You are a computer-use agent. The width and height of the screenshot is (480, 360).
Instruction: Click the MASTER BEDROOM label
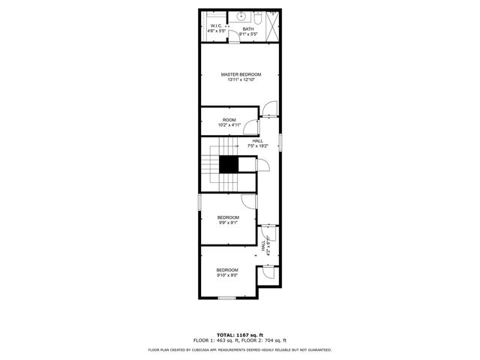(241, 74)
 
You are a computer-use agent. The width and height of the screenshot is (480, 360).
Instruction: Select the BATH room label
(247, 29)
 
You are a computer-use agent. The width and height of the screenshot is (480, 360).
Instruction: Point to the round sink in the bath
(242, 16)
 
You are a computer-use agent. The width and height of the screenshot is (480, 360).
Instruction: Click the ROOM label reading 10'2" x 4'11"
(229, 120)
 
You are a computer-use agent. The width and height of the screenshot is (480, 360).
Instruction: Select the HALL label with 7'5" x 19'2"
(257, 141)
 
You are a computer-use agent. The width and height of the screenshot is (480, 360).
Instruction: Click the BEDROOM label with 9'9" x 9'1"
(228, 217)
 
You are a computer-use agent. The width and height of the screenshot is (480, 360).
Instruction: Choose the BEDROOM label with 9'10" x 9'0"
(227, 270)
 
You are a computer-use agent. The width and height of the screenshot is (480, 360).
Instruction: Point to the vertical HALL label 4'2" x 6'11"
(263, 246)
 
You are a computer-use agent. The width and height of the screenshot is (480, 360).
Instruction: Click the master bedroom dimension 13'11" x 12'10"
(241, 79)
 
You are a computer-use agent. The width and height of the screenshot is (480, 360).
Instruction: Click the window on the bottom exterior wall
(227, 298)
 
